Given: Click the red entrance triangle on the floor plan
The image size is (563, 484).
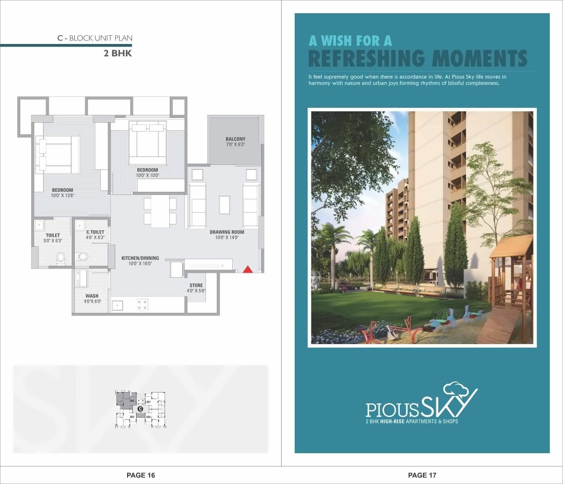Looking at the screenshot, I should pyautogui.click(x=248, y=269).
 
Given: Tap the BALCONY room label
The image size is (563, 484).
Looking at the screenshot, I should pyautogui.click(x=235, y=139).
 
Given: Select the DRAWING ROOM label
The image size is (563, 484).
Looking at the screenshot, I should pyautogui.click(x=227, y=232).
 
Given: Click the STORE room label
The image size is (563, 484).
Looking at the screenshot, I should pyautogui.click(x=196, y=286).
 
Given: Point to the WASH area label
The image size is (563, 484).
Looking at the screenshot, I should pyautogui.click(x=92, y=296).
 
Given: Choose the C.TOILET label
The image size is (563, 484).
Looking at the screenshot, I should pyautogui.click(x=95, y=232).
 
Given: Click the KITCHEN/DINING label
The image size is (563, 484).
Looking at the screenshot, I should pyautogui.click(x=140, y=258).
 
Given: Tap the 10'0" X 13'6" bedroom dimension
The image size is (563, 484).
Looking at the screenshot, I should pyautogui.click(x=62, y=195).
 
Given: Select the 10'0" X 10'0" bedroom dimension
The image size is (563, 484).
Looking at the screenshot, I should pyautogui.click(x=147, y=175).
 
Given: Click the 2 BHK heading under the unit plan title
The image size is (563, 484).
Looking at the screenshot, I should pyautogui.click(x=117, y=54).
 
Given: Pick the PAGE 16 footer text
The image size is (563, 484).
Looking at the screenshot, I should pyautogui.click(x=141, y=475).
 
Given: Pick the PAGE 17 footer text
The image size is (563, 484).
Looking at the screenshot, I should pyautogui.click(x=422, y=475).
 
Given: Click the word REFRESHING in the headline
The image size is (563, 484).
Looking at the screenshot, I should pyautogui.click(x=367, y=58).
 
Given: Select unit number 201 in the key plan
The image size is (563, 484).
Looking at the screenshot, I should pyautogui.click(x=149, y=402).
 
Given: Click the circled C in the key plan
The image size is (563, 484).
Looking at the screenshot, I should pyautogui.click(x=140, y=409).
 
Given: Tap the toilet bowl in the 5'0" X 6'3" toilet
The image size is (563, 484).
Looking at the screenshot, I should pyautogui.click(x=61, y=257).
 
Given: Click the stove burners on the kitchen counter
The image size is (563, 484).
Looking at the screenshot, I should pyautogui.click(x=143, y=304).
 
